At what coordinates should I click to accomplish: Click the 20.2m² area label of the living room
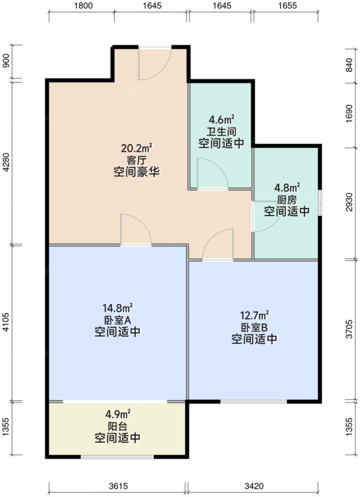coord(136,148)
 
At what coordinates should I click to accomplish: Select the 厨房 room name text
coord(287,200)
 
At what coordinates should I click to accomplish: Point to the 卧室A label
coord(118,320)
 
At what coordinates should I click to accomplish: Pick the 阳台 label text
coord(118,427)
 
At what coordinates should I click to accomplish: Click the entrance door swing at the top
coord(154,64)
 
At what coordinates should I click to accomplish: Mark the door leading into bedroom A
coord(135,231)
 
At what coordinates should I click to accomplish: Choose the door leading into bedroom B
coord(218,246)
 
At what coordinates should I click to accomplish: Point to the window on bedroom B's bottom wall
coord(254,402)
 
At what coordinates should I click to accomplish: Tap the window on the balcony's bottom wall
coord(118,457)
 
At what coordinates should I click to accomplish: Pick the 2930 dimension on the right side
coord(350,204)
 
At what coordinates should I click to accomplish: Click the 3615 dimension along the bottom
coord(119,486)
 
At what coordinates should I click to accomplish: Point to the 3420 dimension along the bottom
coord(254,486)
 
